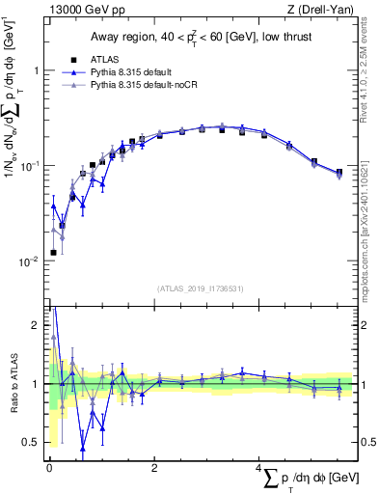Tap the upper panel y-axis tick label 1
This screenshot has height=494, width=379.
(38, 71)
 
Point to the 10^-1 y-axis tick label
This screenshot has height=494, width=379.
(32, 166)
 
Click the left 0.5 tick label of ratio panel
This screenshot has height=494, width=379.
(33, 442)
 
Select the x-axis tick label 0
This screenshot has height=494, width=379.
(49, 469)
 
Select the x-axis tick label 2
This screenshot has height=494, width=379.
(154, 469)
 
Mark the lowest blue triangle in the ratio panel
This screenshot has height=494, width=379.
(83, 448)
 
